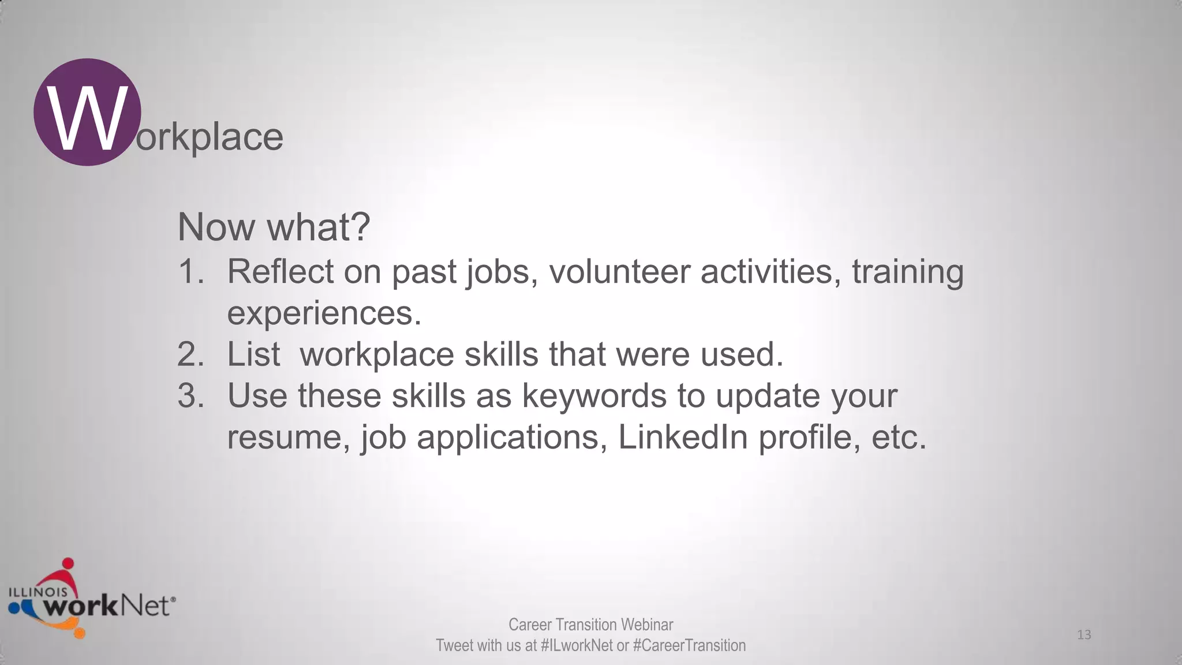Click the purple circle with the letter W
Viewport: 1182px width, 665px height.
[87, 112]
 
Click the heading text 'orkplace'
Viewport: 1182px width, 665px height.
[210, 137]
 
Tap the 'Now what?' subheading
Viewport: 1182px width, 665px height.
[274, 227]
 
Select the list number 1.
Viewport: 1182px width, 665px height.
[190, 271]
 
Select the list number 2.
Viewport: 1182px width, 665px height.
[190, 354]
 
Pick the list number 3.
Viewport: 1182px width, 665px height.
[190, 396]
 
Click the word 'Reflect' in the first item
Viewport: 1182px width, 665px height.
[280, 271]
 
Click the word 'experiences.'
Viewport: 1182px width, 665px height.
[324, 313]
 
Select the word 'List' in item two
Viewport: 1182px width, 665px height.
[253, 354]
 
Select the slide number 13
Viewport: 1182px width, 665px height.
[1084, 635]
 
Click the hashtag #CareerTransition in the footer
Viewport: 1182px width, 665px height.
[689, 645]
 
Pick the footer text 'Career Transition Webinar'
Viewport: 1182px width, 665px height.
[590, 625]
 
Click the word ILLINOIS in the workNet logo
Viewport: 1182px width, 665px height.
[38, 592]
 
